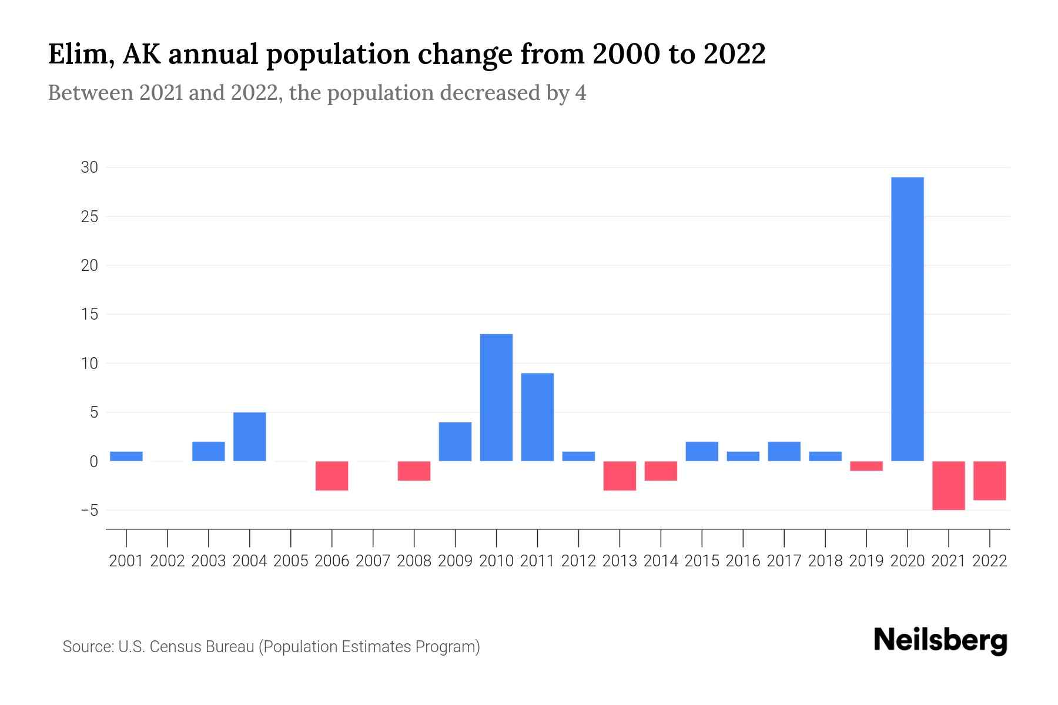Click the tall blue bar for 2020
[x=907, y=319]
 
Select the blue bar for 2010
[x=496, y=398]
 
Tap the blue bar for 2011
[x=537, y=417]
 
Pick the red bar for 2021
[x=948, y=485]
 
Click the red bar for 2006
[x=332, y=476]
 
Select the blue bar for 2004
[x=249, y=437]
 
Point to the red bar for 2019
[x=866, y=466]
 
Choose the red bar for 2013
[x=620, y=476]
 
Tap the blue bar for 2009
[x=455, y=441]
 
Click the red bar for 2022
[x=989, y=481]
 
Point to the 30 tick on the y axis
[x=89, y=167]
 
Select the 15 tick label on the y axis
[x=89, y=314]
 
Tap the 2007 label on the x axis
[x=373, y=561]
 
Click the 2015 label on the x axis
[x=702, y=561]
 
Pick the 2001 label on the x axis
[x=126, y=561]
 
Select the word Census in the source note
[x=174, y=647]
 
